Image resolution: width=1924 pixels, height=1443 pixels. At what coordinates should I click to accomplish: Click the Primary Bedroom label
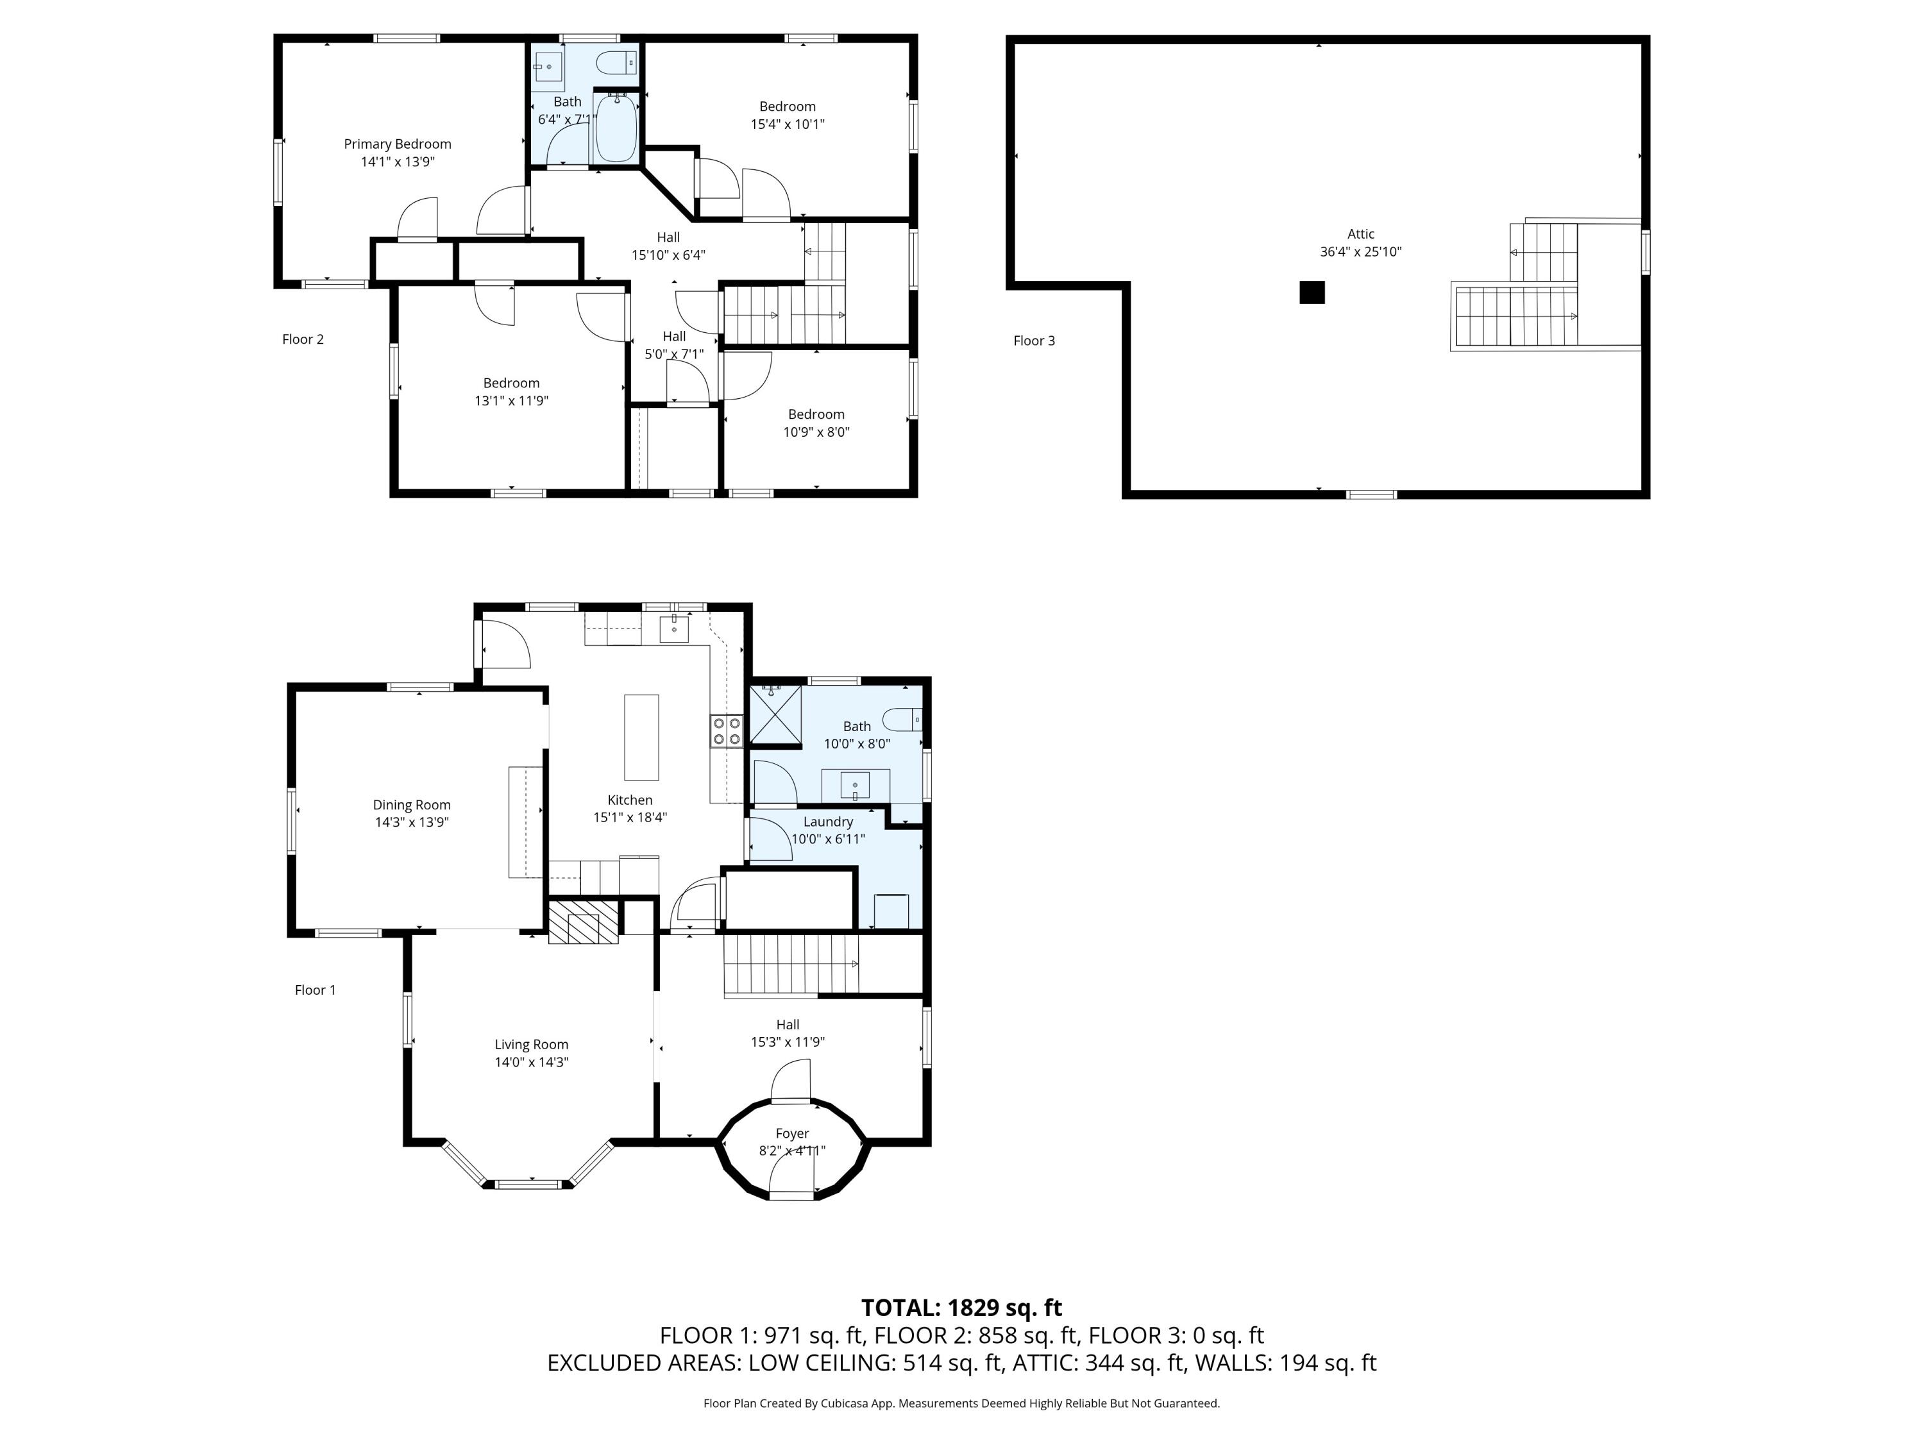point(398,144)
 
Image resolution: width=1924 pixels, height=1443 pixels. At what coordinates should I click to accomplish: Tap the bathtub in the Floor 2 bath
point(616,127)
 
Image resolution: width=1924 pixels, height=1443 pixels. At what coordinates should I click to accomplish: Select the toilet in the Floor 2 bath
point(618,63)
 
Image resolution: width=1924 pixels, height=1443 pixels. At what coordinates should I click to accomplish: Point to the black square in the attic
point(1312,292)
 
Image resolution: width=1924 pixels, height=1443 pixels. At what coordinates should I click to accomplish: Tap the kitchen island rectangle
point(642,738)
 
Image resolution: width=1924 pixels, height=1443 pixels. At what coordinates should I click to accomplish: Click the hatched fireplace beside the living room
point(583,922)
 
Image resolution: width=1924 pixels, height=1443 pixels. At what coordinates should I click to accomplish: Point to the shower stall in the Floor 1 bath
point(775,716)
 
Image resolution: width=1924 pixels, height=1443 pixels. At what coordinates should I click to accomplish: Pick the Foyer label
point(793,1133)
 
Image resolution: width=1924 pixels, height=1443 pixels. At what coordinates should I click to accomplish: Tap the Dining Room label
point(412,806)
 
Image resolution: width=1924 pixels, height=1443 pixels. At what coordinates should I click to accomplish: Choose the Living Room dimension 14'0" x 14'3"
point(532,1062)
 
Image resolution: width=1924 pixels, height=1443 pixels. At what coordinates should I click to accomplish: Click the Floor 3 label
point(1034,341)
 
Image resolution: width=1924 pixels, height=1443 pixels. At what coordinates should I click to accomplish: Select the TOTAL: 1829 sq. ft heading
point(962,1307)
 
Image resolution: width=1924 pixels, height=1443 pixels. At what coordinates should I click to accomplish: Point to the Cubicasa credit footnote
point(962,1403)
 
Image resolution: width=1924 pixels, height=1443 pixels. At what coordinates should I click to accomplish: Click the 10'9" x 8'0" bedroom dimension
point(817,432)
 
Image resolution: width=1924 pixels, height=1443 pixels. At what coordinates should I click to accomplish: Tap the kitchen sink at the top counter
point(674,628)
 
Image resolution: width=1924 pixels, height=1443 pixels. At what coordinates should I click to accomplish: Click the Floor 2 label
point(303,339)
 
